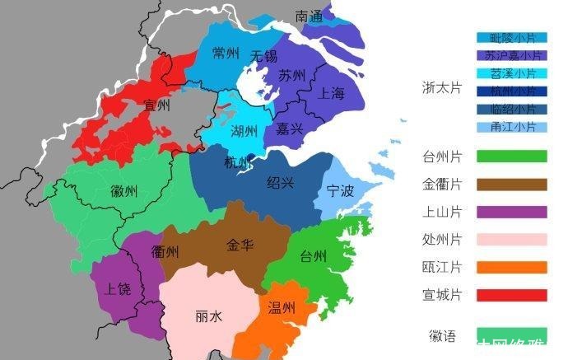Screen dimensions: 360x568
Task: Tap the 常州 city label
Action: pyautogui.click(x=226, y=54)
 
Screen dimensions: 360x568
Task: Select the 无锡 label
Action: pyautogui.click(x=263, y=57)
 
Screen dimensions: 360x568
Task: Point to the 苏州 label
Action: pyautogui.click(x=291, y=76)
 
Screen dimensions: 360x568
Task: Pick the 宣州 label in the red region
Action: pyautogui.click(x=156, y=105)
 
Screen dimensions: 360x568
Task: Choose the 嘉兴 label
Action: pyautogui.click(x=289, y=129)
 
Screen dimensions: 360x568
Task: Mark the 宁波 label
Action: pyautogui.click(x=340, y=192)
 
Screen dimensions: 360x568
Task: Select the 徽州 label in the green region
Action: pyautogui.click(x=124, y=191)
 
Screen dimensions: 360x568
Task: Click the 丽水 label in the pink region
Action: pyautogui.click(x=208, y=316)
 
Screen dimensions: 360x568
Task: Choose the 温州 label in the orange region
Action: pyautogui.click(x=282, y=309)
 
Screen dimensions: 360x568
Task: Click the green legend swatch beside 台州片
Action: pyautogui.click(x=511, y=156)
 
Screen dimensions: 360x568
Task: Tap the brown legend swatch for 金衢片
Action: pyautogui.click(x=511, y=184)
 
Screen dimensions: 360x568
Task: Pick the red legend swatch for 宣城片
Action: pyautogui.click(x=511, y=295)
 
